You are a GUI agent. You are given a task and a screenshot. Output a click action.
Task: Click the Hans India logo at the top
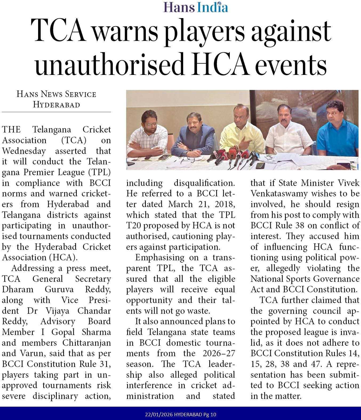pyautogui.click(x=196, y=7)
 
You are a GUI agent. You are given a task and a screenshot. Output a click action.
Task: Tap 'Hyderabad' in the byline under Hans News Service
pyautogui.click(x=56, y=105)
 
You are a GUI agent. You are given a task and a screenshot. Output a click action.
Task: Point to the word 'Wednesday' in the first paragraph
pyautogui.click(x=24, y=151)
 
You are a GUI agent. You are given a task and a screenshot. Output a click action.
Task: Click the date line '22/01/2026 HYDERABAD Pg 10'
pyautogui.click(x=180, y=415)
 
